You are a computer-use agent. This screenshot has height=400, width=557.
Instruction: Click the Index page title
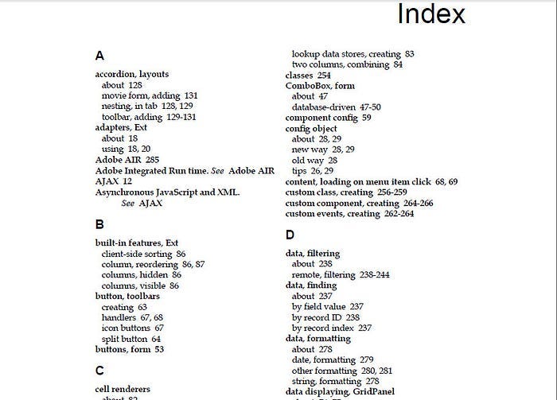pos(430,14)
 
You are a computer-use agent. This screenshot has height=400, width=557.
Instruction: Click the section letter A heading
pos(99,56)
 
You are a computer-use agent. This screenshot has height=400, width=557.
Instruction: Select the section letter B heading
pos(99,225)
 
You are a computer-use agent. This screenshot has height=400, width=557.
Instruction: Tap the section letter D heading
pos(290,235)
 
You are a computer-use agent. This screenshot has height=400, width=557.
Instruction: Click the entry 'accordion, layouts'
pos(132,74)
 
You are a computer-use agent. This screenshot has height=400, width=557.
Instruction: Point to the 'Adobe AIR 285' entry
pos(127,159)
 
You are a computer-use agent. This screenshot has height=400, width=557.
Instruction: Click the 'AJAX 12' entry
pos(113,181)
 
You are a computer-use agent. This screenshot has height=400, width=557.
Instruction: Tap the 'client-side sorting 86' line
pos(143,254)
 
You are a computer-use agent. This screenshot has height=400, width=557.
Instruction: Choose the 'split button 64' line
pos(131,339)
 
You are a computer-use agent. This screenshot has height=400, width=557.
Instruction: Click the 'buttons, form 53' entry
pos(129,349)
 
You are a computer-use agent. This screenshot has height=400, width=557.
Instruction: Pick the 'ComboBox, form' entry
pos(320,85)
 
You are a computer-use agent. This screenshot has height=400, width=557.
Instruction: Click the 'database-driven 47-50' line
pos(336,107)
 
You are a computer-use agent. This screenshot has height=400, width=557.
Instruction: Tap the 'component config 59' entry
pos(328,117)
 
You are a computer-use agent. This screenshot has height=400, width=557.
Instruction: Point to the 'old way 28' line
pos(314,160)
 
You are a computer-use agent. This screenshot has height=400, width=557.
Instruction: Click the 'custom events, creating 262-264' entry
pos(349,213)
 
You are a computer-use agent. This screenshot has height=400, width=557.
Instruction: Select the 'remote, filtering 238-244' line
pos(341,274)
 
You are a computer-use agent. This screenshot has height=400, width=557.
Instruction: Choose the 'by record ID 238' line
pos(325,317)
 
